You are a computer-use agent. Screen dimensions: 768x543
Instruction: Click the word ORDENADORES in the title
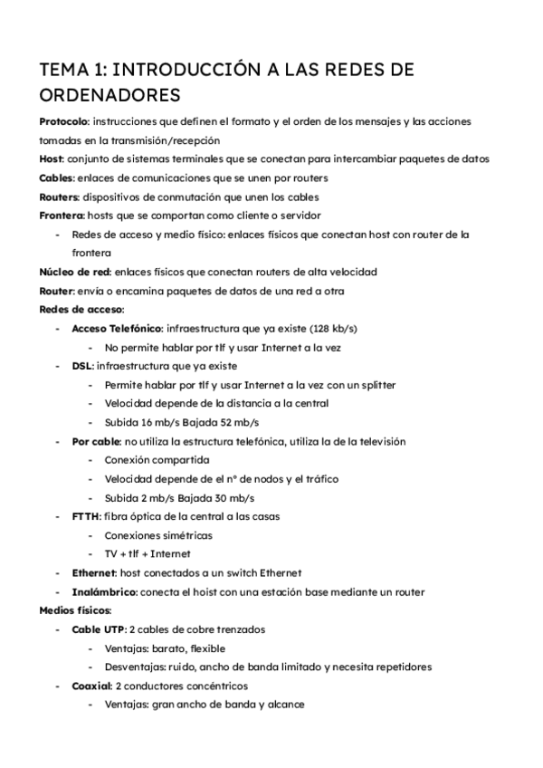[110, 94]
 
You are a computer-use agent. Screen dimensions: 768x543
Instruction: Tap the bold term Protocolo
[62, 120]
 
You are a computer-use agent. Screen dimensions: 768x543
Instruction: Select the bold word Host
[51, 159]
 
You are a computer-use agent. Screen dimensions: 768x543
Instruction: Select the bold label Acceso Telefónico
[117, 328]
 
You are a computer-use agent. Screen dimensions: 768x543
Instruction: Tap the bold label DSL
[81, 366]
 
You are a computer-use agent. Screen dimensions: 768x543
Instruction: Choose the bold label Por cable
[95, 442]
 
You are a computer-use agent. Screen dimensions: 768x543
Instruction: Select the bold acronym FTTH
[87, 516]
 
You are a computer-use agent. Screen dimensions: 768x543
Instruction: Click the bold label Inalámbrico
[104, 592]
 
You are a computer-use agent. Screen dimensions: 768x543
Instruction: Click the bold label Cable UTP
[98, 629]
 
